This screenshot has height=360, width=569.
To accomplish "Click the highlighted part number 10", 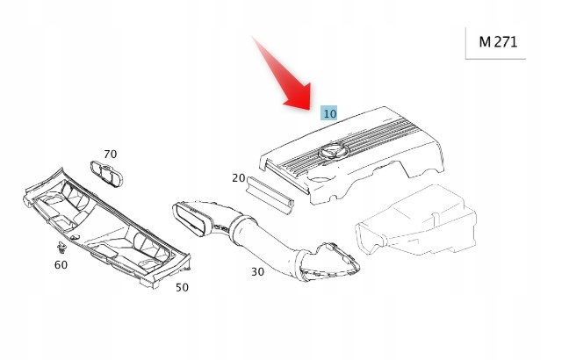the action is [x=329, y=113].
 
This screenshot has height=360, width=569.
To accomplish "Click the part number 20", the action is [x=239, y=178].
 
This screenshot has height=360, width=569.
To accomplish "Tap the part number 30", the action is [x=257, y=272].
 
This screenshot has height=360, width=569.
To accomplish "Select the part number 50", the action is [x=182, y=287].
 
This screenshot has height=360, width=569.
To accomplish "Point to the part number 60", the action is [x=61, y=265].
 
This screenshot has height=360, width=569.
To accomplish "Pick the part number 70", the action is [x=111, y=155].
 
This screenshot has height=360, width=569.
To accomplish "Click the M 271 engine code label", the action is [x=498, y=42].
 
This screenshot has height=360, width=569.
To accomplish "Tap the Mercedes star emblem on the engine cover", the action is [x=333, y=151].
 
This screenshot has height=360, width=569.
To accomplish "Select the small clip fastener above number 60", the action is [x=61, y=248].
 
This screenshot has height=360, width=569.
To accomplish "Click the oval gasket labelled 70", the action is [x=106, y=174].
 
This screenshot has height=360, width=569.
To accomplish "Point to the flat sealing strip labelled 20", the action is [x=270, y=195].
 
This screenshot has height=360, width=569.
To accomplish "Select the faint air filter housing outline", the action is [x=416, y=220].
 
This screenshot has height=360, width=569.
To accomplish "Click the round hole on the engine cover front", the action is [x=320, y=179].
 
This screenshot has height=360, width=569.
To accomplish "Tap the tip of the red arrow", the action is [x=309, y=110].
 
